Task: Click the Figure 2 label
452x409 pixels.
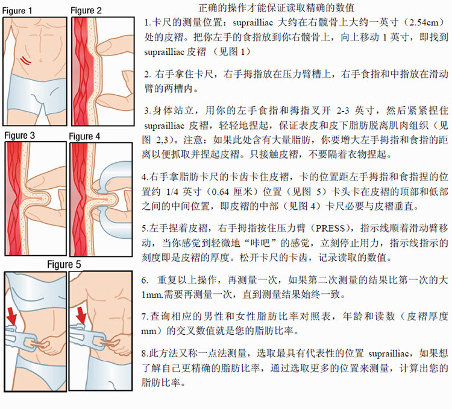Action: tap(86, 11)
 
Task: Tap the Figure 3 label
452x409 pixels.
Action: tap(20, 136)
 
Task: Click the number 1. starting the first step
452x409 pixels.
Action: tap(148, 23)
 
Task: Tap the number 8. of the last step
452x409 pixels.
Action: tap(145, 354)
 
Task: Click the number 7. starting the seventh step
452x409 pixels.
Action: tap(145, 316)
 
